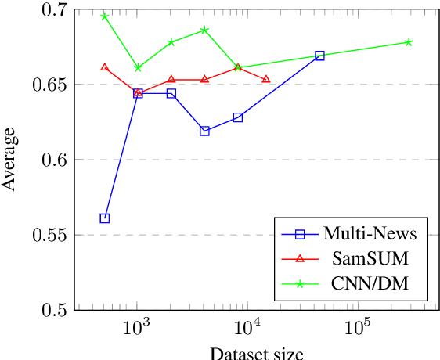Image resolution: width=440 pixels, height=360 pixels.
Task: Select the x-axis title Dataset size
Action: pyautogui.click(x=256, y=353)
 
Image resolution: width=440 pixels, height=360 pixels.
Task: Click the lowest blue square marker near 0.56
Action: pyautogui.click(x=105, y=218)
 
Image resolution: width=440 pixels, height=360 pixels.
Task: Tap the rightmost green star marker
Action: pyautogui.click(x=409, y=42)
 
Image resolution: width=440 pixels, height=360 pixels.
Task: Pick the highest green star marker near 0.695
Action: pyautogui.click(x=105, y=16)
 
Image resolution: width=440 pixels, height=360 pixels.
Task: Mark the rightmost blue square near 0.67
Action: pyautogui.click(x=319, y=56)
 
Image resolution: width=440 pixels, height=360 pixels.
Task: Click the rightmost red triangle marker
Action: pyautogui.click(x=266, y=79)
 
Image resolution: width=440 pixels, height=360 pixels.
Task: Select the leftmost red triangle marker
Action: pyautogui.click(x=105, y=67)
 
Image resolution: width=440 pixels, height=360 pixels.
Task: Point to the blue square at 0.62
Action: pyautogui.click(x=204, y=131)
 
